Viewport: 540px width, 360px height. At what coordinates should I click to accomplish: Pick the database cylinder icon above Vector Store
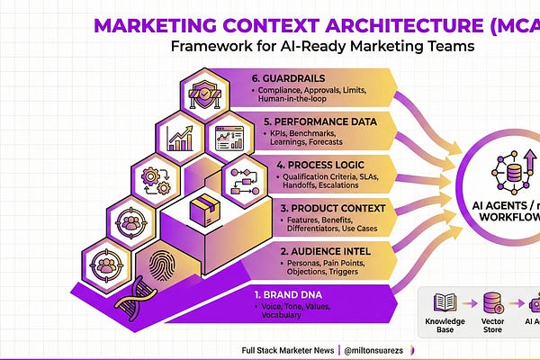pyautogui.click(x=491, y=303)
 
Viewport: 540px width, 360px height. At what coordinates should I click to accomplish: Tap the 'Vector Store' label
pyautogui.click(x=491, y=325)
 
